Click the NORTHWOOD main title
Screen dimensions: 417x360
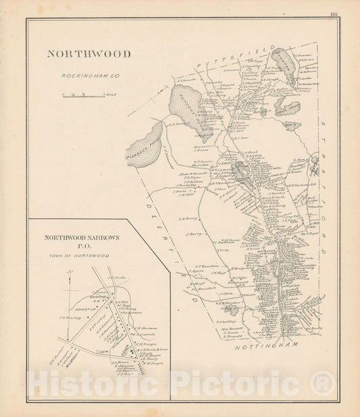88,55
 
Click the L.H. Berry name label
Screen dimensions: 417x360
189,219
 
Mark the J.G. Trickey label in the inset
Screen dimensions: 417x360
70,316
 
